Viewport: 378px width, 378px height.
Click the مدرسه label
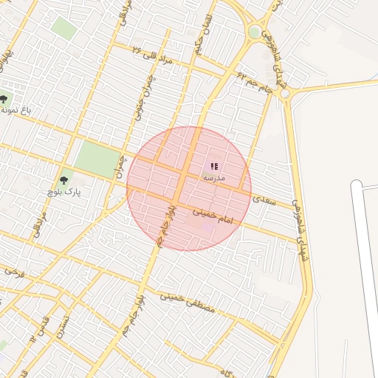(213, 179)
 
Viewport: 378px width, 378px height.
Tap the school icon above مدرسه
(214, 167)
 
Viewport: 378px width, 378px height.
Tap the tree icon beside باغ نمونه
(4, 99)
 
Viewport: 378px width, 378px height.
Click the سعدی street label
(263, 198)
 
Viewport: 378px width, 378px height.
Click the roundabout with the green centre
(255, 32)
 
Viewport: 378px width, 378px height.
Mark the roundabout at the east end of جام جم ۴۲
(285, 94)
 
